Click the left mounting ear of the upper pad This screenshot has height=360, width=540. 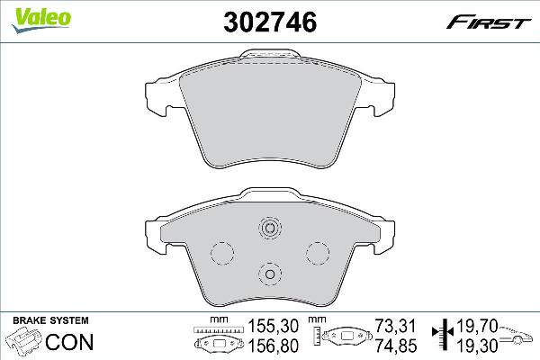pos(157,100)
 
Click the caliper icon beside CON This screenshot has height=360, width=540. pos(25,343)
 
